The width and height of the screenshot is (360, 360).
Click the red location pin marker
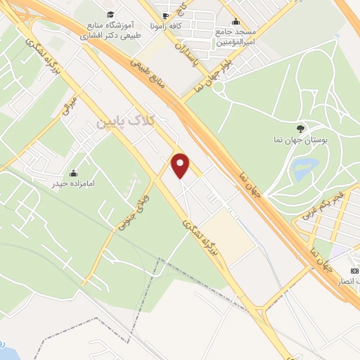coord(181,165)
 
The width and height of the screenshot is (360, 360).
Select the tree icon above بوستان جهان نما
coord(301,128)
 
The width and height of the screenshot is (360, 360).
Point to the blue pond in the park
coord(304,169)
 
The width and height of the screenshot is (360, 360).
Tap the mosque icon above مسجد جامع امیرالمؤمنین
coord(235,21)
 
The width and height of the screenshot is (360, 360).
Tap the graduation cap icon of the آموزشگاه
coord(110,14)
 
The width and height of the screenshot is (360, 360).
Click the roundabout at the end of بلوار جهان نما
coord(219,86)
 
